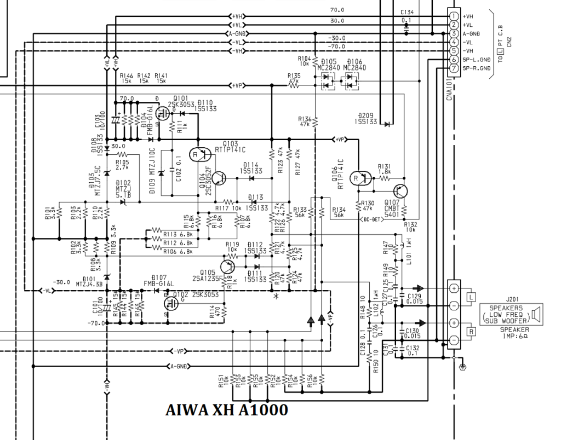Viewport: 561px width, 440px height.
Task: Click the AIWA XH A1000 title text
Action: (226, 410)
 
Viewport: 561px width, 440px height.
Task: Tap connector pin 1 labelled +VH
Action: (454, 16)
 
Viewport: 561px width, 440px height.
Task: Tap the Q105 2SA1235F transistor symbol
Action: (228, 267)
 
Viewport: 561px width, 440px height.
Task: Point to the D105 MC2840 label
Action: (327, 65)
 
